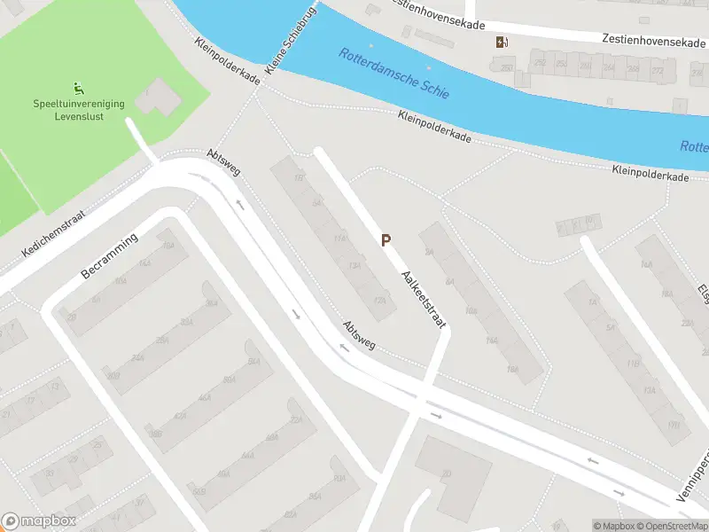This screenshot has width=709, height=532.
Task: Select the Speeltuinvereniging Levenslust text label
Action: [79, 110]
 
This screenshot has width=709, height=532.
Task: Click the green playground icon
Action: [79, 88]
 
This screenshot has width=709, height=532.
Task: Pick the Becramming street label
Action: [110, 256]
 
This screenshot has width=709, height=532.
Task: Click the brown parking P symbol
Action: [386, 239]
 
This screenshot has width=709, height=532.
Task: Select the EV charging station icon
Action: [502, 42]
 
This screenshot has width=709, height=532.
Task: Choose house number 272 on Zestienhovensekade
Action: [657, 70]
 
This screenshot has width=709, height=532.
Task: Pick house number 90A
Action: [339, 478]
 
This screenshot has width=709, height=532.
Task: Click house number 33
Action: [50, 473]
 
